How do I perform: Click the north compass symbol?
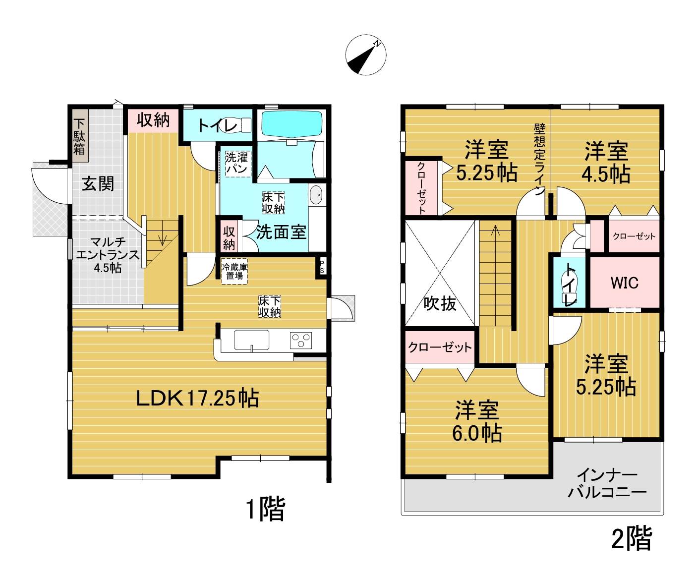point(366,55)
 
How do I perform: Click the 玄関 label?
point(98,183)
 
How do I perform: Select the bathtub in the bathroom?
point(292,123)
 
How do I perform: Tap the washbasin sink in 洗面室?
point(316,195)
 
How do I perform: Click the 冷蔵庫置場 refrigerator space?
point(234,271)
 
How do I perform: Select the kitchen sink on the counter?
point(252,340)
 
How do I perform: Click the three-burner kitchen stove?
point(301,340)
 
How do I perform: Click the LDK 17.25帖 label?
point(198,398)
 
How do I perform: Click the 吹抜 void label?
point(440,303)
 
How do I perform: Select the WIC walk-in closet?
point(625,283)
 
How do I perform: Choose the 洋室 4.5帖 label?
point(606,163)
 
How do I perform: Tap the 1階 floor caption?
point(265,509)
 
